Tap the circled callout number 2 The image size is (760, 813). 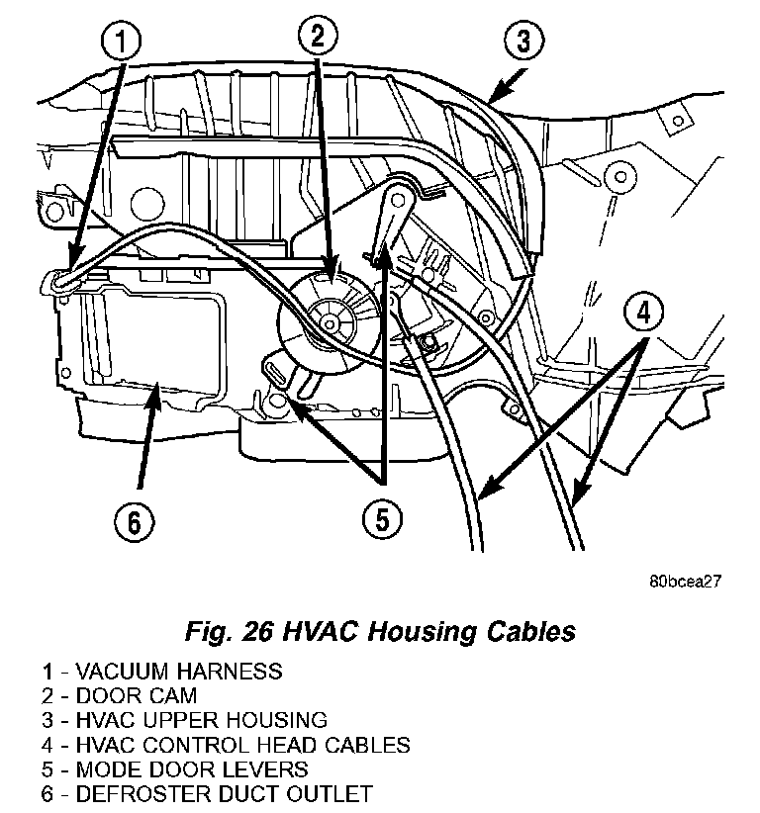(318, 38)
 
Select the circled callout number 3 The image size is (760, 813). (523, 42)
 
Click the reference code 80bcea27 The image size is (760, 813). (678, 582)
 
